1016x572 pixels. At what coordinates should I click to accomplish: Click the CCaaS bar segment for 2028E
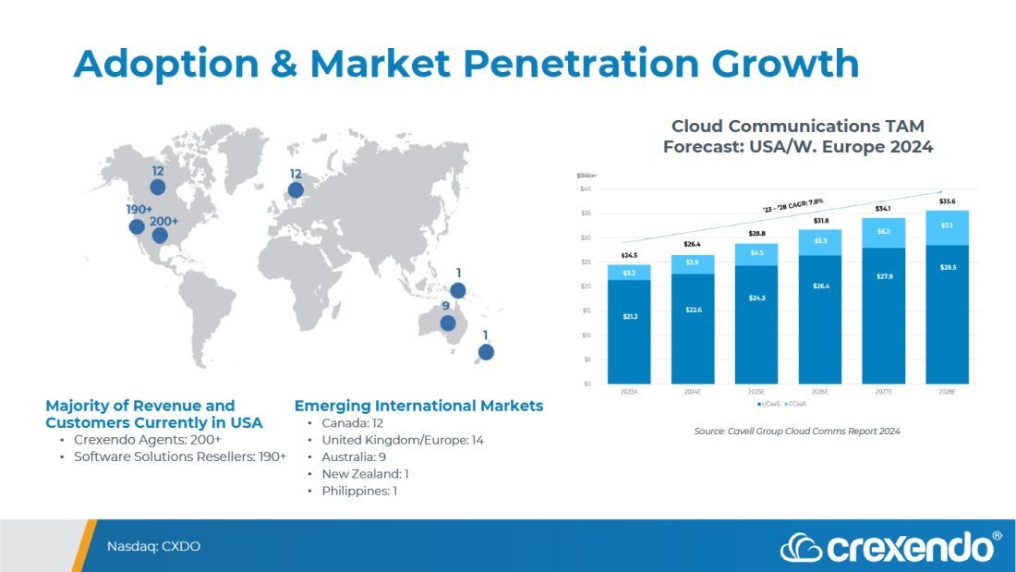947,227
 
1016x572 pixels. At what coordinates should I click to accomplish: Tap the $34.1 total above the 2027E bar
883,208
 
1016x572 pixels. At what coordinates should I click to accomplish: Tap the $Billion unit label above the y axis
587,175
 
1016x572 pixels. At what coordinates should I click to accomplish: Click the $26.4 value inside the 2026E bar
819,286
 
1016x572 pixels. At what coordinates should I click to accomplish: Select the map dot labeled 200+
160,236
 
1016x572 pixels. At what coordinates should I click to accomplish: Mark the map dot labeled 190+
137,226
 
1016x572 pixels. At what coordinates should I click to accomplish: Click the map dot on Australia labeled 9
448,323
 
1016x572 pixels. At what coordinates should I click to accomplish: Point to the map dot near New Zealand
486,352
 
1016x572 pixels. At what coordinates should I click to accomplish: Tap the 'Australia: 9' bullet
354,456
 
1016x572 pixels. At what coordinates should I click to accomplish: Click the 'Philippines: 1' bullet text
358,491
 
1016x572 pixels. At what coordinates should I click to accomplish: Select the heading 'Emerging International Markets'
418,406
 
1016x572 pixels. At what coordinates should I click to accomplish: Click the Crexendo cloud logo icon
800,548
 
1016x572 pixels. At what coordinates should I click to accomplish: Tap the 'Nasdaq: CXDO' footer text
153,546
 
